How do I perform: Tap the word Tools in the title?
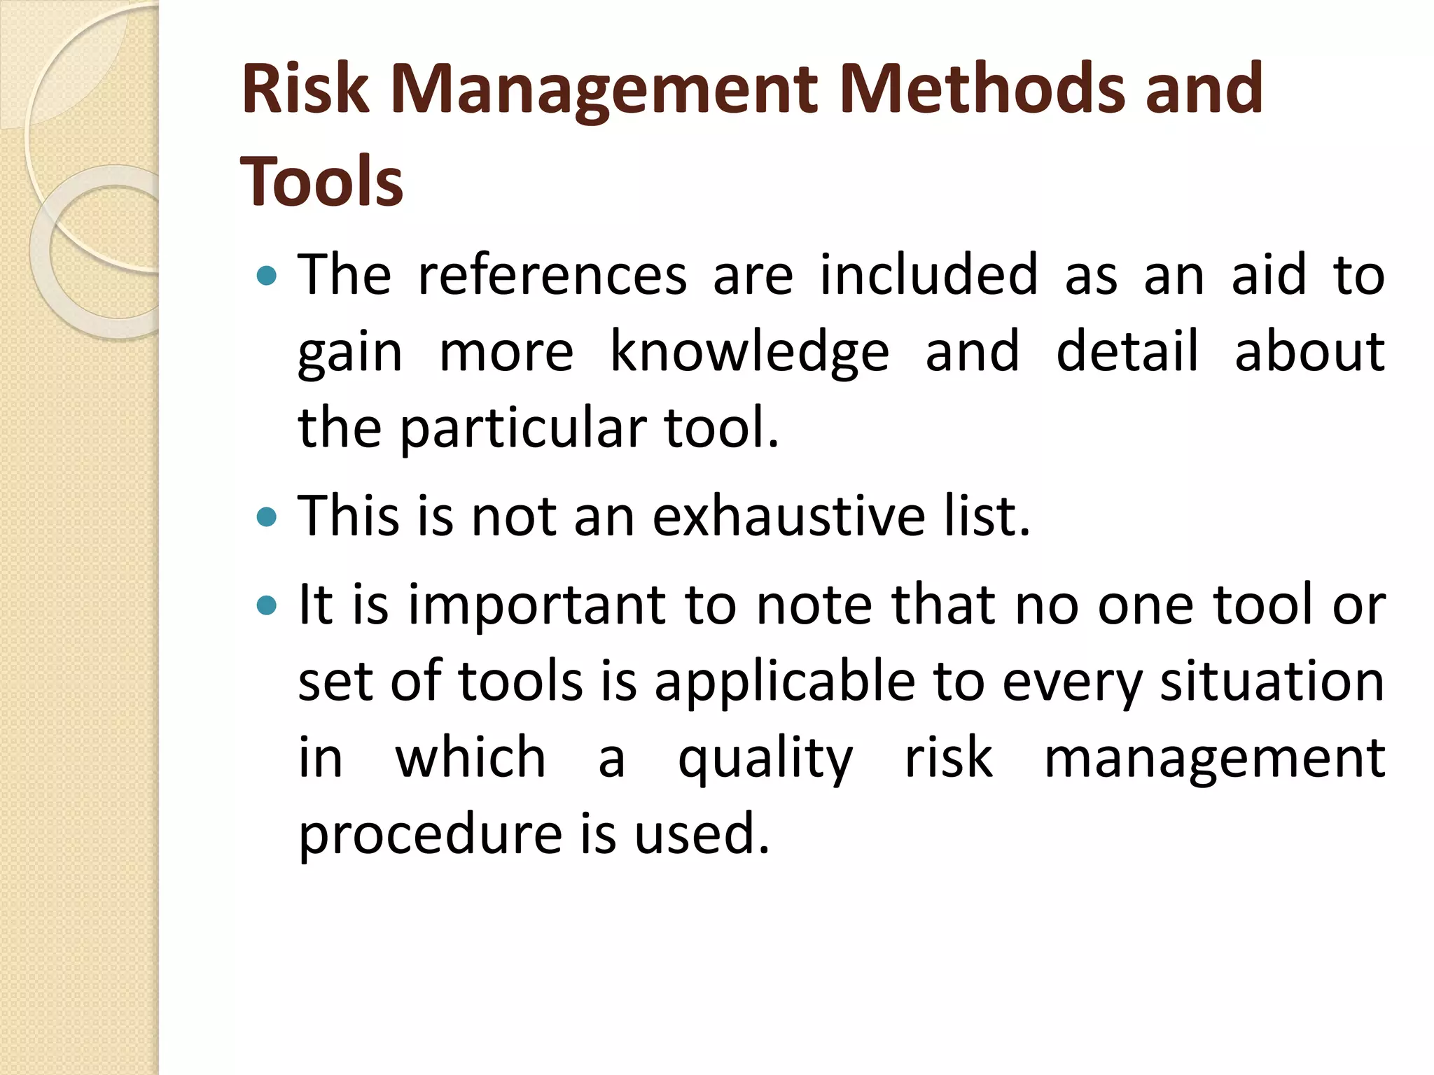tap(321, 182)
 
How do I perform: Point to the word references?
tap(552, 275)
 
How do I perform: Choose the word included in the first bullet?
tap(928, 275)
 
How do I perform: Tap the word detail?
tap(1127, 351)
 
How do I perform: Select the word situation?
tap(1272, 682)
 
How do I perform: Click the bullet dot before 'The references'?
tap(267, 276)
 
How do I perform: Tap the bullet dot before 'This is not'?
tap(267, 517)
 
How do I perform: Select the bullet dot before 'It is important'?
tap(267, 605)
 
